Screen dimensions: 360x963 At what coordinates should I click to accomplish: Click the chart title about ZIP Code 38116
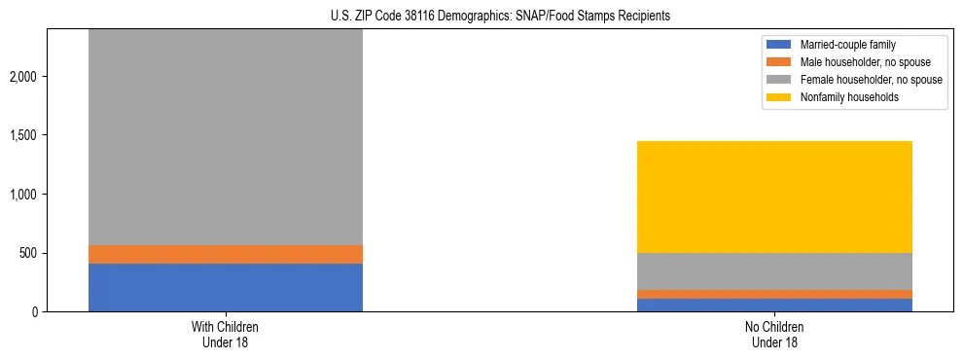[481, 17]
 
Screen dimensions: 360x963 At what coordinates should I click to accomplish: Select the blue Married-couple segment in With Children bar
[226, 287]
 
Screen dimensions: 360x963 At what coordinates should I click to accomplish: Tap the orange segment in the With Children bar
[226, 254]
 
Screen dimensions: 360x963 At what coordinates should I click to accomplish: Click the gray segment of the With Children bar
[226, 136]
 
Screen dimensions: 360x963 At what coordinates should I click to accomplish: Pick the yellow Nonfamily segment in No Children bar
[774, 197]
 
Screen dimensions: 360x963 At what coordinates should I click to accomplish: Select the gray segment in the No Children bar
[774, 271]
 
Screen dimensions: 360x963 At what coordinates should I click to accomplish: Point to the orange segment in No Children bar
[774, 294]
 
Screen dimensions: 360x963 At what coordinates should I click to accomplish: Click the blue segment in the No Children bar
[774, 305]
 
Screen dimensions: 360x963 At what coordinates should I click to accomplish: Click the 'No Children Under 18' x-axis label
[774, 335]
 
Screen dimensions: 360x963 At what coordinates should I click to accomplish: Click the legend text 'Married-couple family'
[847, 45]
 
